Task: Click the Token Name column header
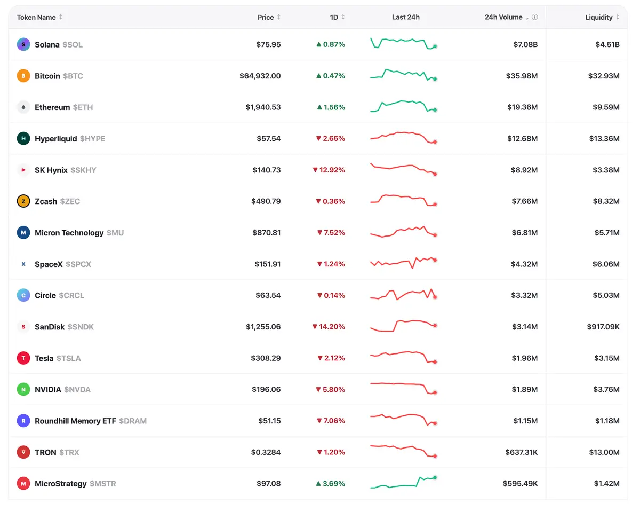click(x=36, y=17)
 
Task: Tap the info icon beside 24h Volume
click(x=535, y=17)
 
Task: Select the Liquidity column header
click(x=598, y=17)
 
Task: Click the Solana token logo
click(x=23, y=44)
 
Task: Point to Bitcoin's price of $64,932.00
click(x=260, y=76)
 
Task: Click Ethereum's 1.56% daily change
click(x=331, y=107)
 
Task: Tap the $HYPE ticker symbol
click(x=92, y=139)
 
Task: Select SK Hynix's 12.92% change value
click(x=329, y=170)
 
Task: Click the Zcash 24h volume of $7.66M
click(x=524, y=201)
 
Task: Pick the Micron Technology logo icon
click(x=23, y=233)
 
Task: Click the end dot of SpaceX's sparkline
click(x=435, y=260)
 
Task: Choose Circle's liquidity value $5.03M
click(x=606, y=295)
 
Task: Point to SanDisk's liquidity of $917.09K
click(x=603, y=327)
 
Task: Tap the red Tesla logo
click(x=23, y=358)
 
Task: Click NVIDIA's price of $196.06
click(x=266, y=389)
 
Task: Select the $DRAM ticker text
click(x=133, y=421)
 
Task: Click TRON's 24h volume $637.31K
click(x=522, y=452)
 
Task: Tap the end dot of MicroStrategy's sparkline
click(x=435, y=478)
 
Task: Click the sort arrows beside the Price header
click(x=278, y=17)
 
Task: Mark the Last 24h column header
click(x=406, y=17)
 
